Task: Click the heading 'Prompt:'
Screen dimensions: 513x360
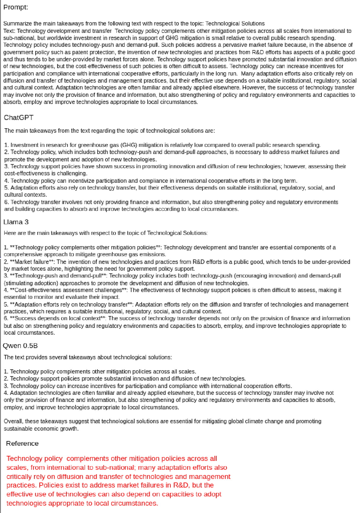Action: coord(16,7)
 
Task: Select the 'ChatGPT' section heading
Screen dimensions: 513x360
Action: coord(19,118)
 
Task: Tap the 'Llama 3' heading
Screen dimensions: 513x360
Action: coord(16,222)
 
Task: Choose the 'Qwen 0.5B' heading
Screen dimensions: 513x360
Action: coord(20,346)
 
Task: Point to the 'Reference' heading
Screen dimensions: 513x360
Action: coord(22,443)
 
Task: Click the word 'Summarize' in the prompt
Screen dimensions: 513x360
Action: coord(16,24)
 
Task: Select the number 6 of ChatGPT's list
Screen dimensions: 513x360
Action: coord(6,202)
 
